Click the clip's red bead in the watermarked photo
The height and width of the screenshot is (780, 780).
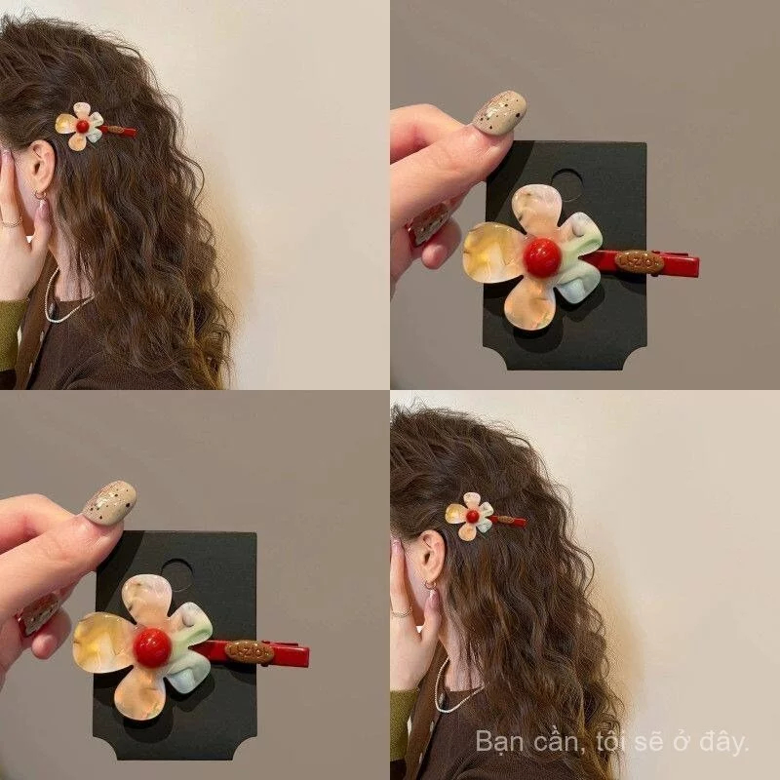[x=473, y=517]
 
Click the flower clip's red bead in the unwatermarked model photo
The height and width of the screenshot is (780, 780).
[x=83, y=127]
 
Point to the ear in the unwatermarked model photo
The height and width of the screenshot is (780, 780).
[x=40, y=165]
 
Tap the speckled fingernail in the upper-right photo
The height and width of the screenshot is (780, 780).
[x=499, y=113]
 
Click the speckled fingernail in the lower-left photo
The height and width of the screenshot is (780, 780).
[x=109, y=503]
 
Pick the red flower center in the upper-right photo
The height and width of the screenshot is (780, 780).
[x=542, y=257]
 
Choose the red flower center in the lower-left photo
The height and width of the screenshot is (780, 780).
[x=152, y=647]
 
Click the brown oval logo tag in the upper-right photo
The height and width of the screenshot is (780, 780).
[x=640, y=260]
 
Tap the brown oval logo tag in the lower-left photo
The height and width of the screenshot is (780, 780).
[x=250, y=650]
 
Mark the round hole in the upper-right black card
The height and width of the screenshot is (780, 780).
[x=568, y=185]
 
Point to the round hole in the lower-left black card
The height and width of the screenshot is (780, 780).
[x=177, y=575]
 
